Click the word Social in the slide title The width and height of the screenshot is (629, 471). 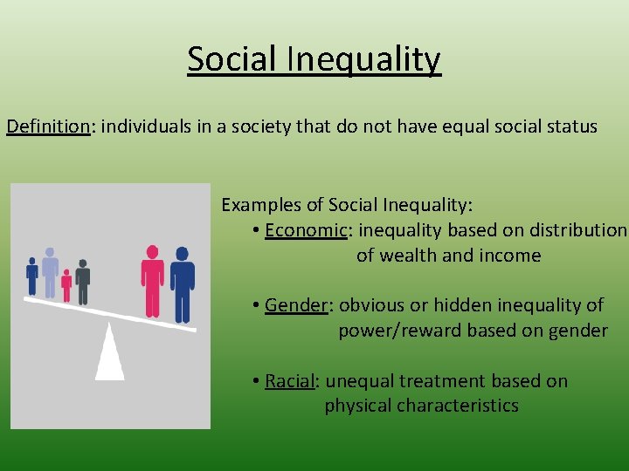coord(230,59)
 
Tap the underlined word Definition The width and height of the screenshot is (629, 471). coord(49,126)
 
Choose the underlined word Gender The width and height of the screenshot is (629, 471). coord(296,305)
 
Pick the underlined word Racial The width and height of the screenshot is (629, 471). coord(290,381)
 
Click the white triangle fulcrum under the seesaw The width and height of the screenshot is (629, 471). coord(109,352)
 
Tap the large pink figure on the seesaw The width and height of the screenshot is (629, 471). coord(153,280)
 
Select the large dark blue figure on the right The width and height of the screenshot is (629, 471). coord(182,284)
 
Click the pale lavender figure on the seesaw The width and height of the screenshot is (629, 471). coord(50,272)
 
